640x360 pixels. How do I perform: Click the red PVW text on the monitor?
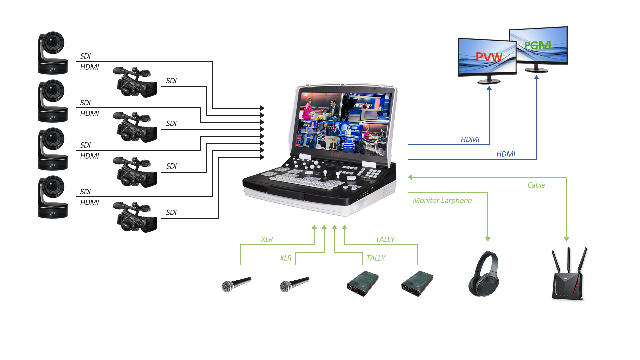click(x=489, y=57)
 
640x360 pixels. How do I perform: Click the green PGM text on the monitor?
click(x=538, y=45)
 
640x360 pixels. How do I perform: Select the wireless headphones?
click(x=483, y=274)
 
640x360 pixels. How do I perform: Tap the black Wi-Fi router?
click(x=569, y=274)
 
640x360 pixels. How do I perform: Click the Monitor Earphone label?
click(x=442, y=201)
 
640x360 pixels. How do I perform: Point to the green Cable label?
click(x=536, y=185)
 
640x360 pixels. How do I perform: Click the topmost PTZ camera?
click(x=53, y=53)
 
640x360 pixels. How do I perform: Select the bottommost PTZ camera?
click(x=53, y=197)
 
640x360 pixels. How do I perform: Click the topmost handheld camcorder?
click(x=135, y=82)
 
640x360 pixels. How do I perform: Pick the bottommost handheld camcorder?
click(x=135, y=217)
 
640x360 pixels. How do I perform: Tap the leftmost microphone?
click(x=236, y=285)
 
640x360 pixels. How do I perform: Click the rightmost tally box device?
click(x=417, y=284)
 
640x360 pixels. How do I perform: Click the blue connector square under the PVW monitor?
click(x=489, y=88)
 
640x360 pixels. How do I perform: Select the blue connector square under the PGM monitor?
click(x=536, y=77)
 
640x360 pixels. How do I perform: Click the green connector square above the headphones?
click(x=488, y=239)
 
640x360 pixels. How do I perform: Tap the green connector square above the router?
click(x=566, y=239)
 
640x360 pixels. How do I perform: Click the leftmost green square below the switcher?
click(x=314, y=227)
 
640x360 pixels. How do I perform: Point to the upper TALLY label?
click(x=385, y=239)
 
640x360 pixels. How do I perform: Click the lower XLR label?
click(x=286, y=258)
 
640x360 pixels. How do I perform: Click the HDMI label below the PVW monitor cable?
click(x=470, y=139)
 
